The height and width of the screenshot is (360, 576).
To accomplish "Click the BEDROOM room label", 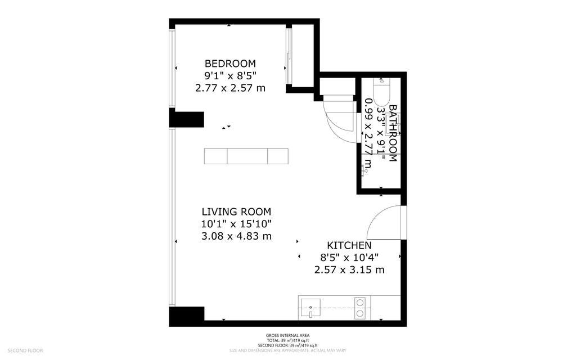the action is [230, 64].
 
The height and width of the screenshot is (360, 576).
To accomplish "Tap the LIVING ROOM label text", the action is [236, 211].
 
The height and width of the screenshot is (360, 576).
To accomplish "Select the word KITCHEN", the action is [349, 245].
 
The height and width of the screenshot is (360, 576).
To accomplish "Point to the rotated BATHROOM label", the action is [393, 133].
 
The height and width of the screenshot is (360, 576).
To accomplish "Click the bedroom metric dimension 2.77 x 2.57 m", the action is [230, 88].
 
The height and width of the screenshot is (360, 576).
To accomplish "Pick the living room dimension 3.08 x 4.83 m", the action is [237, 236].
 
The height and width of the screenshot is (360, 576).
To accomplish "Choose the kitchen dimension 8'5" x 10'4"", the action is [349, 258].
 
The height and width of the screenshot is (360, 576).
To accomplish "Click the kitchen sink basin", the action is [310, 308].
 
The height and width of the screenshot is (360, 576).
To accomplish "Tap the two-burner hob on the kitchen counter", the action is [360, 308].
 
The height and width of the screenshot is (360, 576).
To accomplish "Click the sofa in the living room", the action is [246, 156].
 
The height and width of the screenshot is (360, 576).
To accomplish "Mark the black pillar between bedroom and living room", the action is [186, 119].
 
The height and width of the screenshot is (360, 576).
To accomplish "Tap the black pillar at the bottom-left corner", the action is [186, 316].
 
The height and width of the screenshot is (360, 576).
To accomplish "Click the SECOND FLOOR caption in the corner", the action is [25, 350].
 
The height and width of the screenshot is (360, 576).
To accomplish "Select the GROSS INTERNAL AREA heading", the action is [287, 335].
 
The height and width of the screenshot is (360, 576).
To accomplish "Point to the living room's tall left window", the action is [172, 217].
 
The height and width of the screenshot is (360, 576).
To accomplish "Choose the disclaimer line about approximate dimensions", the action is [287, 350].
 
